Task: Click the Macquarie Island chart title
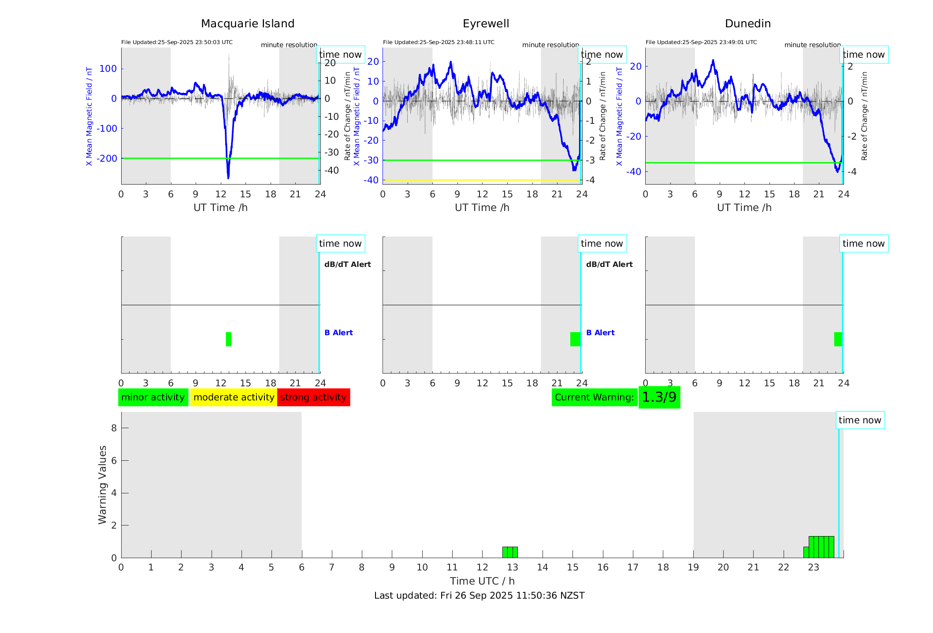pos(247,24)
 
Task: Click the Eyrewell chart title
pos(486,24)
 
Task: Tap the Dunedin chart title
pos(747,24)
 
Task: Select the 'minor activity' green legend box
pos(153,397)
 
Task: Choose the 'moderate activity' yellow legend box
pos(234,397)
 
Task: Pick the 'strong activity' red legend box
pos(313,397)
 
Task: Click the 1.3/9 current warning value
pos(659,397)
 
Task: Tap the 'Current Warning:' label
pos(594,397)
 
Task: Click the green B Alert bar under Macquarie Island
pos(228,339)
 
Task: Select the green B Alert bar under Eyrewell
pos(575,339)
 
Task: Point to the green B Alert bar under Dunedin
pos(837,339)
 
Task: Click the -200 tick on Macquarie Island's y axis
pos(107,159)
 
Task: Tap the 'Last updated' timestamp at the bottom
pos(479,596)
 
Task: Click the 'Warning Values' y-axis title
pos(103,485)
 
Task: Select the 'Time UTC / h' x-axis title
pos(482,581)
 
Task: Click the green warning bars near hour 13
pos(510,552)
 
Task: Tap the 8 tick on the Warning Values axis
pos(114,428)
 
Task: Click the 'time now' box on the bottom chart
pos(859,420)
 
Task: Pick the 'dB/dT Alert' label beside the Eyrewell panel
pos(609,264)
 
